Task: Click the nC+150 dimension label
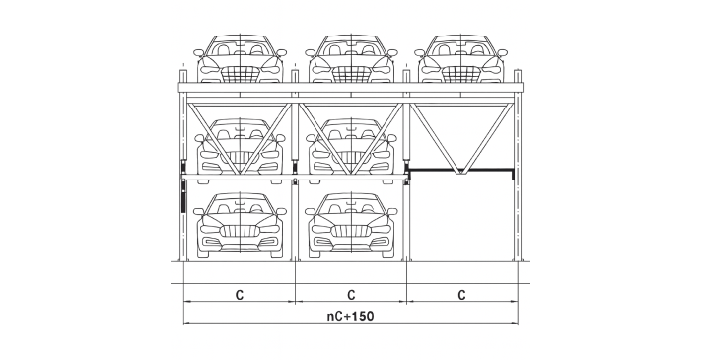click(x=351, y=317)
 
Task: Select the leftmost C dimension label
click(x=240, y=295)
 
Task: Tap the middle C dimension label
click(x=351, y=295)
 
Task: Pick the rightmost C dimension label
click(x=461, y=295)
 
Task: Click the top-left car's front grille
click(x=240, y=74)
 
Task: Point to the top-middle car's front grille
click(x=351, y=74)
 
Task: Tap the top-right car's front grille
click(x=461, y=74)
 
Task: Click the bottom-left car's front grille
click(x=240, y=231)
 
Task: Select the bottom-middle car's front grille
click(x=351, y=231)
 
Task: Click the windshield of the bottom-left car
click(x=240, y=205)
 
